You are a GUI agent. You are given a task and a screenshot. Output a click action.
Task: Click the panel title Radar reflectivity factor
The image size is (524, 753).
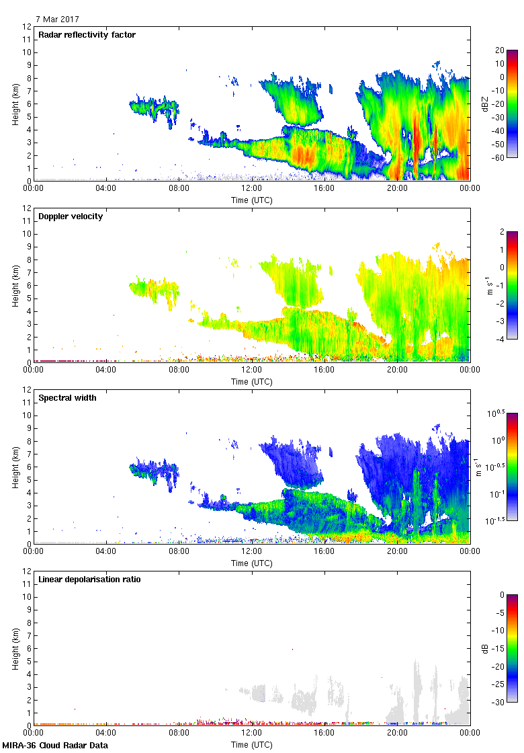coord(87,35)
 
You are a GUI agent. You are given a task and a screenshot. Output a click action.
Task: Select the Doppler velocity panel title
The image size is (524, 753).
coord(71,216)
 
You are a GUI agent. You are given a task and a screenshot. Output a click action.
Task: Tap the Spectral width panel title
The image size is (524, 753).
coord(67,398)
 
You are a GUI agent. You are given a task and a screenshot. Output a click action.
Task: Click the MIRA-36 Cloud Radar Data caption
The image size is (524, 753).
coord(55,745)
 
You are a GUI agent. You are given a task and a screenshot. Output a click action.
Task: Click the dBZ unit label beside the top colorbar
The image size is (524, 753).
coord(486,104)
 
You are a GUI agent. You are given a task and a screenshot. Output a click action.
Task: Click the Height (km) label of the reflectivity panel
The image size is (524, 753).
coord(15,104)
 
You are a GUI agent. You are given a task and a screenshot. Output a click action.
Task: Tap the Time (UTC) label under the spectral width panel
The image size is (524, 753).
coord(252,563)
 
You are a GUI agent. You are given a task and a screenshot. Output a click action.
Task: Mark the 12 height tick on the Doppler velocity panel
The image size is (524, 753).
coord(27,208)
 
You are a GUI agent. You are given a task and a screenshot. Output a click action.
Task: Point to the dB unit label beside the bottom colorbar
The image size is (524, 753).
coord(486,648)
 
